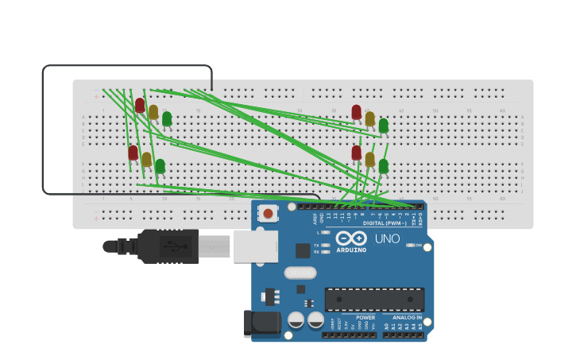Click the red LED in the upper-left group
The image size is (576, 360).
pyautogui.click(x=140, y=105)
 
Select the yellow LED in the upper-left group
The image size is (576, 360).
pyautogui.click(x=153, y=112)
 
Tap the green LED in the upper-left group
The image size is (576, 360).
pyautogui.click(x=167, y=118)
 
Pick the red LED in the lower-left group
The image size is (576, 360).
pyautogui.click(x=133, y=153)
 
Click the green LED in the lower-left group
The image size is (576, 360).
pyautogui.click(x=160, y=166)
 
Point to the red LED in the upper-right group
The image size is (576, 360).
pyautogui.click(x=356, y=112)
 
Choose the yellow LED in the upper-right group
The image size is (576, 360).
pyautogui.click(x=369, y=118)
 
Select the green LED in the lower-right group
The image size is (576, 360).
pyautogui.click(x=384, y=166)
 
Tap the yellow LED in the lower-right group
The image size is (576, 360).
pyautogui.click(x=369, y=159)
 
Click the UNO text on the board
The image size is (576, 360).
pyautogui.click(x=387, y=238)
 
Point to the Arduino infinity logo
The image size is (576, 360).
pyautogui.click(x=350, y=238)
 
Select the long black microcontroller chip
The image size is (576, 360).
pyautogui.click(x=374, y=300)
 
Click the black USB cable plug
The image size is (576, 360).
pyautogui.click(x=168, y=246)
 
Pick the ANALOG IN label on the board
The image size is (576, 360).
pyautogui.click(x=407, y=317)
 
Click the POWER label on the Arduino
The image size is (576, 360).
pyautogui.click(x=365, y=317)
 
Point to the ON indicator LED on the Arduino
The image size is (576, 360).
pyautogui.click(x=412, y=246)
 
